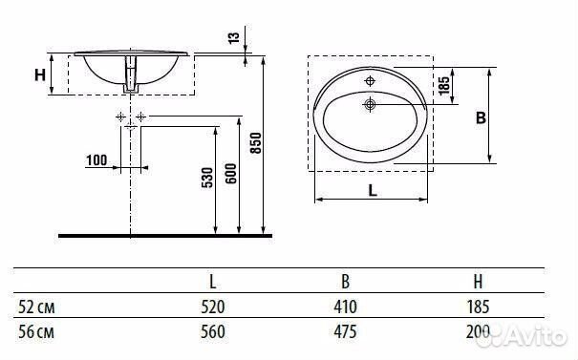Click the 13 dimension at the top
(234, 37)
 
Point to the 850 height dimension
(255, 142)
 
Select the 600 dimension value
(231, 174)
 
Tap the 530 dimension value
(207, 178)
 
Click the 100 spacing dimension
(96, 160)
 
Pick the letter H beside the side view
(40, 75)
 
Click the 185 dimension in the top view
(444, 85)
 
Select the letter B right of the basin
(481, 117)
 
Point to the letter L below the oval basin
(373, 190)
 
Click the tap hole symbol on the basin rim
(370, 81)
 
